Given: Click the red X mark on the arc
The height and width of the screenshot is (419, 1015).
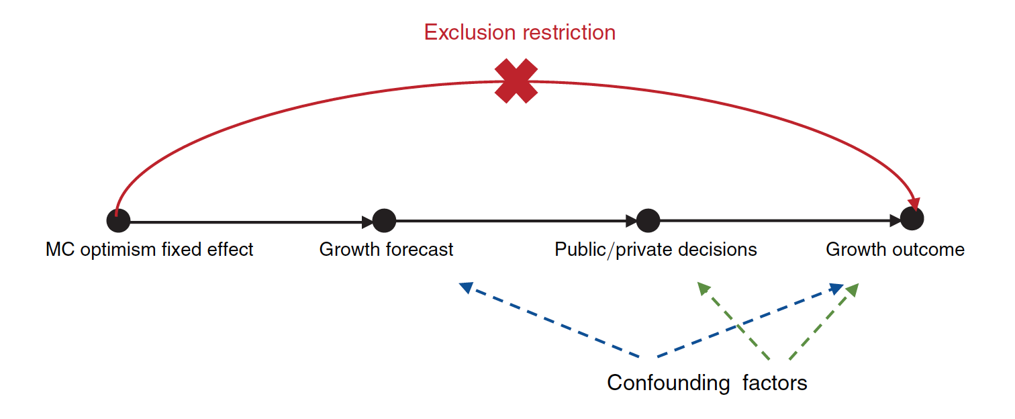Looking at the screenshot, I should click(516, 81).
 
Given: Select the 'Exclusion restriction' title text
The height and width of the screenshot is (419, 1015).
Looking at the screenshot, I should click(520, 32).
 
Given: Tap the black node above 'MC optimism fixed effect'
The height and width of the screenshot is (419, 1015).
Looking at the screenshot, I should click(118, 221).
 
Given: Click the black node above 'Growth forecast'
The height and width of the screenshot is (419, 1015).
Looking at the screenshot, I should click(384, 220).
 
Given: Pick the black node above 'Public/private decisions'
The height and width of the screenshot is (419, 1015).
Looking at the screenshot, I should click(648, 220).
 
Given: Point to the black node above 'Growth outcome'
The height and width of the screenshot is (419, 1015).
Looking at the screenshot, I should click(912, 218).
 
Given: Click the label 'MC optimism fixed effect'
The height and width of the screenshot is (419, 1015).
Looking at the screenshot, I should click(149, 250).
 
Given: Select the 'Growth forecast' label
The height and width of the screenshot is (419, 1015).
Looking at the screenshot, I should click(386, 250).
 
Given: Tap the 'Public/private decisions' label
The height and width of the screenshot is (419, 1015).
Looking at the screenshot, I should click(655, 250).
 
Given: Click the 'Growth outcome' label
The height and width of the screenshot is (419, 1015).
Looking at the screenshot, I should click(895, 250).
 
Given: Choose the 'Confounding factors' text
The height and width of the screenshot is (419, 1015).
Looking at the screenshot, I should click(707, 383).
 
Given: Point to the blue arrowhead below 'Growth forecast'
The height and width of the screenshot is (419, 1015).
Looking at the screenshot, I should click(466, 287).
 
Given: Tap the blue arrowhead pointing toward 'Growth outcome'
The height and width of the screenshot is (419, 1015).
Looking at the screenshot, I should click(836, 289).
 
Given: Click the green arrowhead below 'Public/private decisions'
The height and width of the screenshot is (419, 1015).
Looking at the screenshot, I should click(703, 289).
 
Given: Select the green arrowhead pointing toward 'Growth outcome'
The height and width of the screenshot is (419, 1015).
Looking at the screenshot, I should click(852, 289).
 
